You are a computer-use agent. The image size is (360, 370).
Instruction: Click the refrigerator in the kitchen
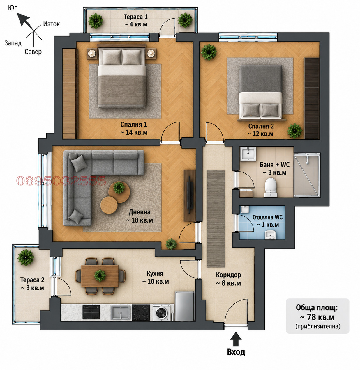click(184, 306)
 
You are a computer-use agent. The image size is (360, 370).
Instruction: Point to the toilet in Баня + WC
click(271, 187)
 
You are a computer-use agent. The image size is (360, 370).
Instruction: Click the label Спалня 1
click(133, 124)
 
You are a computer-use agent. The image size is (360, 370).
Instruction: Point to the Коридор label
click(228, 275)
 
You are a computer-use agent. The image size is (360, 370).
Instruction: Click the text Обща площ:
click(317, 308)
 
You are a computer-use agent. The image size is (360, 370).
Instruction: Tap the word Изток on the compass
click(51, 24)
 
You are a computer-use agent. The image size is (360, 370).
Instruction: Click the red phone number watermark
click(61, 181)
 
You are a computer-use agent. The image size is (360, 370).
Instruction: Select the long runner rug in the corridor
click(216, 219)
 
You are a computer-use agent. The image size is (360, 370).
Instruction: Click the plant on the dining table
click(100, 275)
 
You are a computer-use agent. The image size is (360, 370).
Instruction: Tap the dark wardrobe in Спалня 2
click(311, 98)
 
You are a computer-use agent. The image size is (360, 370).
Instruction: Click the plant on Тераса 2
click(26, 257)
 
